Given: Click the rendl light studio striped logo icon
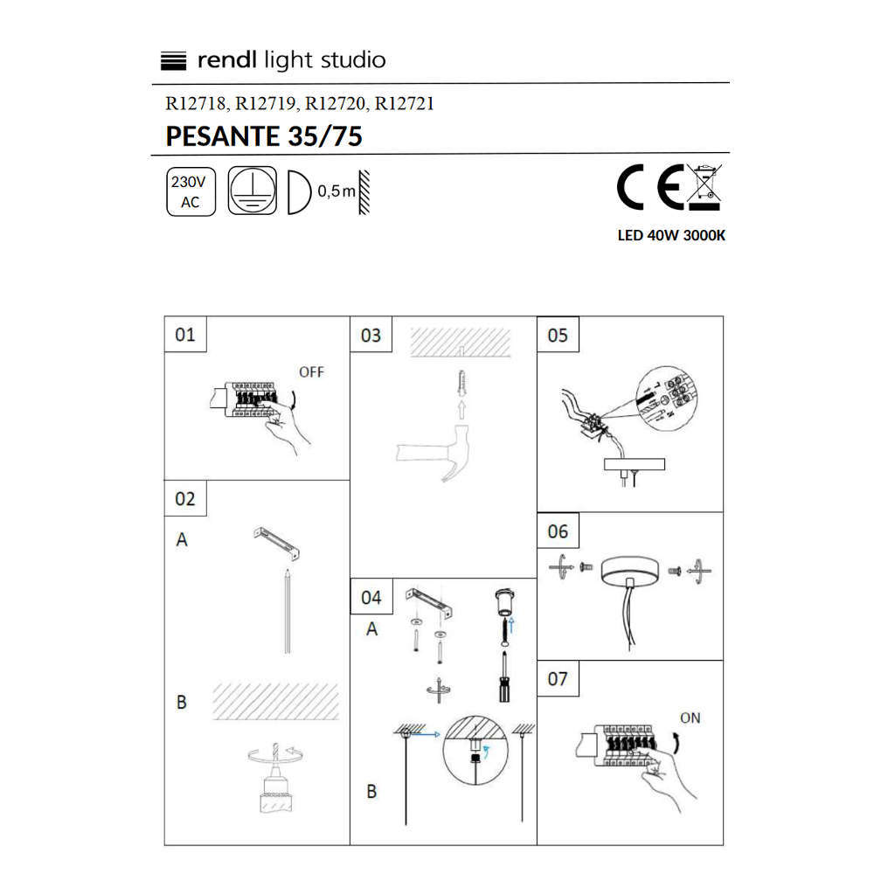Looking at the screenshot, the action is [x=173, y=61].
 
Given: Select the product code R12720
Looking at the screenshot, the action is [x=336, y=104].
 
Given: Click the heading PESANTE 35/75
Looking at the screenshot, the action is [x=264, y=136].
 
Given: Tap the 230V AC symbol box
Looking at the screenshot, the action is [x=191, y=191].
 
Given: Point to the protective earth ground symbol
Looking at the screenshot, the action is [x=253, y=191].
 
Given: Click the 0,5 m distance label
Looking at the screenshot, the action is [x=336, y=191].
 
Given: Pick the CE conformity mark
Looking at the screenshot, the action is [x=650, y=187].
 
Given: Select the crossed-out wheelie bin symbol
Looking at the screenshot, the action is [x=704, y=187].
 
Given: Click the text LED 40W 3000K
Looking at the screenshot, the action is [x=671, y=235].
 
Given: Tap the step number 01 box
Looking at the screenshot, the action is [x=185, y=335].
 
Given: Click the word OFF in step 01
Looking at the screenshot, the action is [x=311, y=371].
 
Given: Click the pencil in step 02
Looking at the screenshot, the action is [x=287, y=610].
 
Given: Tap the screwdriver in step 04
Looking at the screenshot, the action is [x=504, y=677].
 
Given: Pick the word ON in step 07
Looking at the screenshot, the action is [x=690, y=718].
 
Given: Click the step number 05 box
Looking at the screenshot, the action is [x=558, y=335].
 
